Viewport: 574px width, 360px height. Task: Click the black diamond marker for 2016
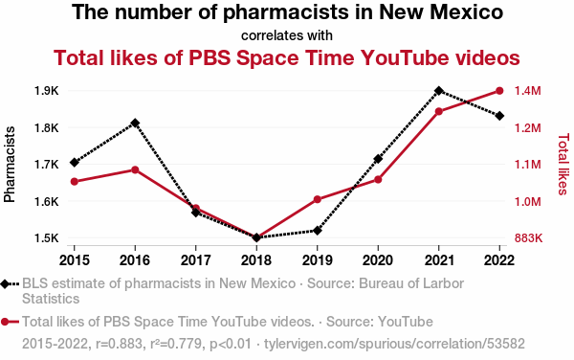(x=135, y=124)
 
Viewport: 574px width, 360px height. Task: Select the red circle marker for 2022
(x=499, y=91)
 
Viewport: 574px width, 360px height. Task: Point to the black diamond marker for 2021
(x=438, y=91)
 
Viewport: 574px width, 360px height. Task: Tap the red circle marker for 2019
(x=318, y=199)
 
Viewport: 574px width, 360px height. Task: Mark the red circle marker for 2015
(x=75, y=182)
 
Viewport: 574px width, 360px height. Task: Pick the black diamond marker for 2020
(x=378, y=159)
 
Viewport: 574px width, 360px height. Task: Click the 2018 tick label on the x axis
(x=256, y=260)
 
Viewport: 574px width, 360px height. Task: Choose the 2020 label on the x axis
(x=378, y=260)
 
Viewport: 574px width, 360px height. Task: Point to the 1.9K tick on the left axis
(x=47, y=91)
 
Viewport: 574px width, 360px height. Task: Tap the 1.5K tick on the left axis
(x=47, y=238)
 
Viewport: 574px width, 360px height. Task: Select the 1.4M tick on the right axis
(x=527, y=91)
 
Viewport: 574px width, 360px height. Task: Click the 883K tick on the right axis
(x=528, y=238)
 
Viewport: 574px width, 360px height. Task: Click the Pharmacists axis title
(x=10, y=165)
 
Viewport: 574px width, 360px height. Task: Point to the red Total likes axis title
(x=563, y=165)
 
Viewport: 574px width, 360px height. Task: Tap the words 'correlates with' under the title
(x=287, y=35)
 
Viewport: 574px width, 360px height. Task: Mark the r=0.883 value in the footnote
(x=119, y=344)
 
